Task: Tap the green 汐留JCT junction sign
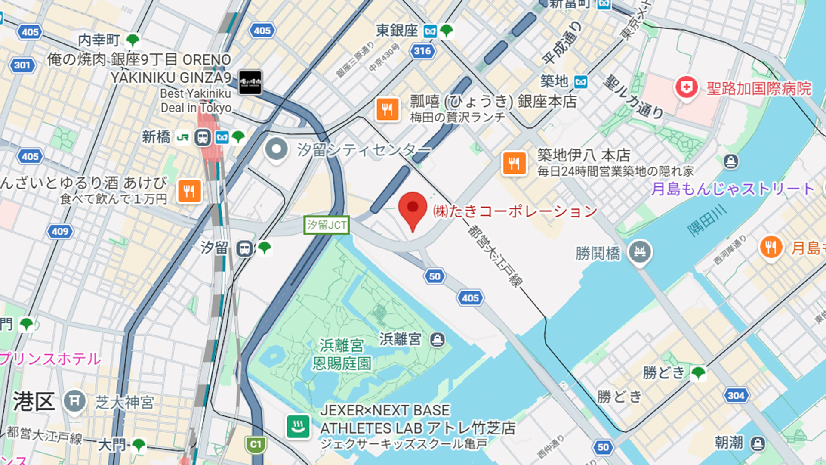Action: point(326,225)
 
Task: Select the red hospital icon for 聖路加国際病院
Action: point(686,87)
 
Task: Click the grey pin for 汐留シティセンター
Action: point(276,149)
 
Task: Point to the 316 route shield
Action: point(422,51)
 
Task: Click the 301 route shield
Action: point(22,65)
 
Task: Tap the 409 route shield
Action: point(60,232)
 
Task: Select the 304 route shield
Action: point(736,396)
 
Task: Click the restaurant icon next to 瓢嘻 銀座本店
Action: point(387,109)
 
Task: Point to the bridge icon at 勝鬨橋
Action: point(639,252)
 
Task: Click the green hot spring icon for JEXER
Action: point(298,427)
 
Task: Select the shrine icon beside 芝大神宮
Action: point(74,401)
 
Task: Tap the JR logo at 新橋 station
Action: point(183,138)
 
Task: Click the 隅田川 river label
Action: point(706,220)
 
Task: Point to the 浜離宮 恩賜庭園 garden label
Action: point(342,354)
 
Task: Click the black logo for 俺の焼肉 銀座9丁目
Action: point(250,82)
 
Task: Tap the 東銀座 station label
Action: point(397,31)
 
